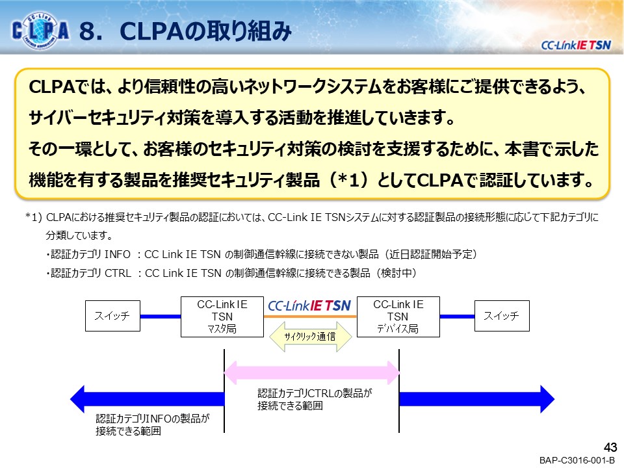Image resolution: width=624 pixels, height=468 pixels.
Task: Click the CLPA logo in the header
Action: (x=40, y=31)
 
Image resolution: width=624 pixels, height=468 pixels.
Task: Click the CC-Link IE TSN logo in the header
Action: (x=575, y=45)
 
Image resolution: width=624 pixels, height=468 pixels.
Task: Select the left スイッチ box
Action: (x=112, y=316)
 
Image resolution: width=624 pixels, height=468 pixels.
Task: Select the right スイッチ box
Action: (x=502, y=316)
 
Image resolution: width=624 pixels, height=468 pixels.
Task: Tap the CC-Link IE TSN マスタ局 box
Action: (x=222, y=317)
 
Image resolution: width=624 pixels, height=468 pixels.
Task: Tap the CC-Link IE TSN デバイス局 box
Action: (x=398, y=317)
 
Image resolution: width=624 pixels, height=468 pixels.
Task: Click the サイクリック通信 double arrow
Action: (x=311, y=337)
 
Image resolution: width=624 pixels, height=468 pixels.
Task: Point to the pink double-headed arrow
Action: (x=311, y=372)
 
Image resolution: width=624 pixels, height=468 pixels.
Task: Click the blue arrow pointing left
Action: (x=148, y=399)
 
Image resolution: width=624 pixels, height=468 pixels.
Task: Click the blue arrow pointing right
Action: (x=476, y=399)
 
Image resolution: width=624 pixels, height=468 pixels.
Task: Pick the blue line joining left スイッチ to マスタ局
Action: (x=161, y=317)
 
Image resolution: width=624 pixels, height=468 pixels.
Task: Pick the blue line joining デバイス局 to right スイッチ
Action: (x=457, y=317)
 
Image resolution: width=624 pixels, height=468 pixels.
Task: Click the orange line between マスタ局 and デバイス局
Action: (x=310, y=317)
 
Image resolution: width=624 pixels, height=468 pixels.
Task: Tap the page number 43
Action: (x=610, y=447)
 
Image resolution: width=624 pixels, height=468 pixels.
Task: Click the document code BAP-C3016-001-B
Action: (x=577, y=460)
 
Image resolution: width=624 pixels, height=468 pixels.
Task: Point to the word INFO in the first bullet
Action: (x=118, y=254)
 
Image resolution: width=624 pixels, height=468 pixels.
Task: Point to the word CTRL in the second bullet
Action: (x=118, y=274)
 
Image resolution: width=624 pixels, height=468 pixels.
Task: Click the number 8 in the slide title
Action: (x=88, y=31)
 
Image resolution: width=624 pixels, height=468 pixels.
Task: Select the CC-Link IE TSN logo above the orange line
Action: (x=309, y=305)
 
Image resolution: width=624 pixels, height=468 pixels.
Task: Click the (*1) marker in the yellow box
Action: (x=348, y=180)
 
